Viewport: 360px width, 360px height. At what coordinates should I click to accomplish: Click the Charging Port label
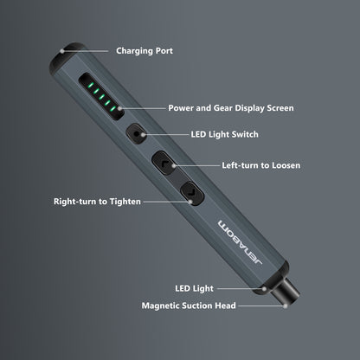coord(145,51)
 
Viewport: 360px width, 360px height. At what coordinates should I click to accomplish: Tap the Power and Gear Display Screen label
coord(231,108)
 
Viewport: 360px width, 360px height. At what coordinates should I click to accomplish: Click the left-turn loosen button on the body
coord(165,162)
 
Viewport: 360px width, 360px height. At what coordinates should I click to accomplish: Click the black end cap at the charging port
coord(68,53)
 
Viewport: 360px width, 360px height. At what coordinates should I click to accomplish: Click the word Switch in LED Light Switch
coord(247,134)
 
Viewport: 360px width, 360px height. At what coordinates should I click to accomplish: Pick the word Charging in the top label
coord(133,51)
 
